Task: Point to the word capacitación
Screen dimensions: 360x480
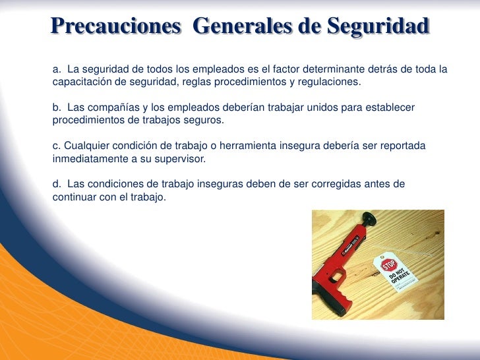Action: [x=80, y=82]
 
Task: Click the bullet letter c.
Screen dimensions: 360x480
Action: [x=55, y=145]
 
